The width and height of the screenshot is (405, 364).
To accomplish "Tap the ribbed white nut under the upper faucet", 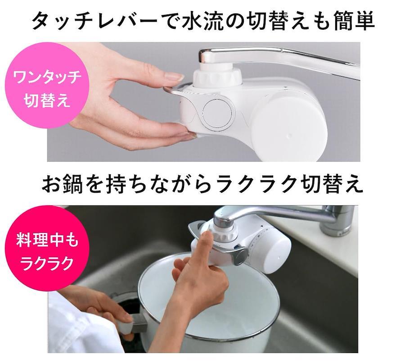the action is pyautogui.click(x=217, y=77).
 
